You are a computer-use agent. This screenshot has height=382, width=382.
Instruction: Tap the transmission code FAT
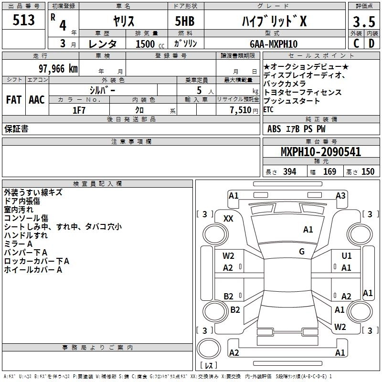pos(13,100)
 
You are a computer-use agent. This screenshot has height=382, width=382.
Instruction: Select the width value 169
pos(329,172)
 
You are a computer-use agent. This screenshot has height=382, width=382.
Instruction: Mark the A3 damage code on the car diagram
pos(340,195)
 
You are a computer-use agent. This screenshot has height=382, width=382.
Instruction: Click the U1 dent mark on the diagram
pos(346,256)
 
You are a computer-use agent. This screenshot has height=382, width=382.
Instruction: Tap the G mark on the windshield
pos(302,251)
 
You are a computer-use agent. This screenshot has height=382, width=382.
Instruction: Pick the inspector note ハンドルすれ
pos(26,235)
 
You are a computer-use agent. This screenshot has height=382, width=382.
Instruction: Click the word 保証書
pos(16,129)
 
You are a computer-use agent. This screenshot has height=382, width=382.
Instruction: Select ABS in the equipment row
pos(274,129)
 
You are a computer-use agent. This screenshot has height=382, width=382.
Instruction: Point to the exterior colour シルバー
pos(103,89)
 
